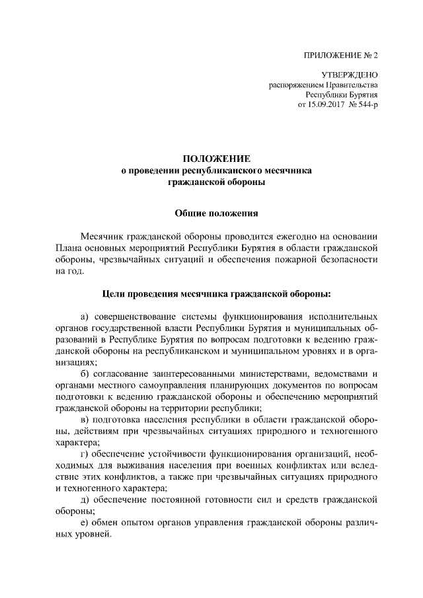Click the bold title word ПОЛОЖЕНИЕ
pyautogui.click(x=217, y=159)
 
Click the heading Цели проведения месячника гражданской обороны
pyautogui.click(x=217, y=292)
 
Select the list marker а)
pyautogui.click(x=85, y=316)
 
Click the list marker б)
pyautogui.click(x=85, y=374)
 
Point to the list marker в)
pyautogui.click(x=85, y=420)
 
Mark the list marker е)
pyautogui.click(x=85, y=524)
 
